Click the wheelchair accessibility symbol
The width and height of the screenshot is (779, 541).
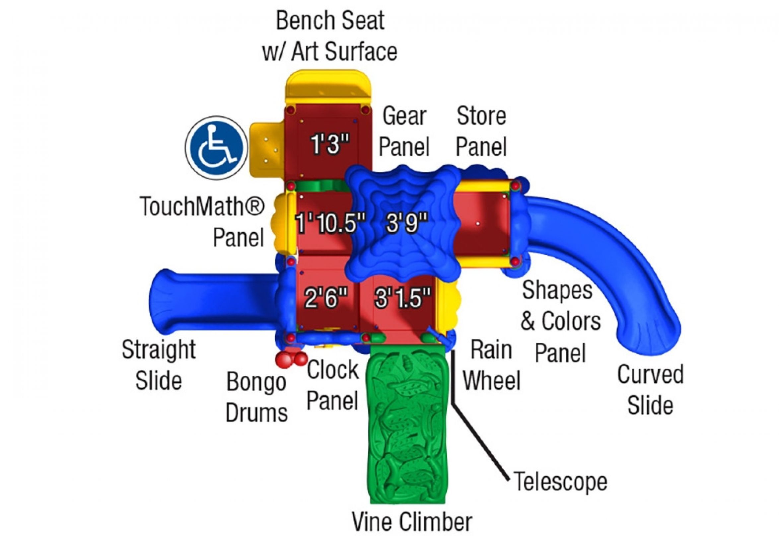point(216,148)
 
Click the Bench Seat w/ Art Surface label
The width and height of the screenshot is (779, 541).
point(330,36)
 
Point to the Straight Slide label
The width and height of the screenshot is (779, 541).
point(159,365)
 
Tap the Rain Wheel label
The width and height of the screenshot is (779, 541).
point(491,365)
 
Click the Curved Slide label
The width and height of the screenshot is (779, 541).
point(650,390)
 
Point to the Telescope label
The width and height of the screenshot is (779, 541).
point(561,481)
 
